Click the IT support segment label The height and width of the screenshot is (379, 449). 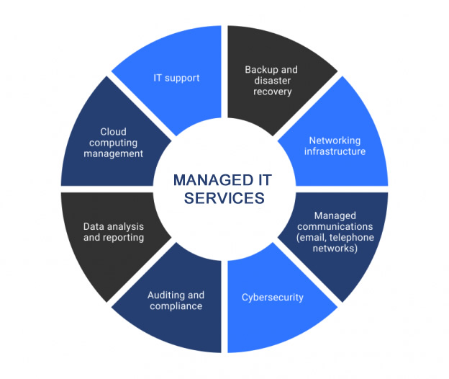coord(176,79)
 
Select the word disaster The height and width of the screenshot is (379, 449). coord(272,81)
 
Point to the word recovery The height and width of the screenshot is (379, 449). coord(272,92)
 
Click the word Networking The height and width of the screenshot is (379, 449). coord(335,141)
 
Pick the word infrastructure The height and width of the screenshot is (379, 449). coord(335,151)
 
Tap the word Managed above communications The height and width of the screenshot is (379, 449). coord(335,216)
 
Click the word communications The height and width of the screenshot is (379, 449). coord(335,226)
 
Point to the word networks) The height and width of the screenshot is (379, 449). coord(335,249)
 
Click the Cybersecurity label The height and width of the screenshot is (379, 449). coord(272,298)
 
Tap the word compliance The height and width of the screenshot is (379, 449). coord(176,306)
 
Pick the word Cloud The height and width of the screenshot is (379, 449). coord(113,132)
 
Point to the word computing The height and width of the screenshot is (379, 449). coord(113,143)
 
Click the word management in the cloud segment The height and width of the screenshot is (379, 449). coord(113,154)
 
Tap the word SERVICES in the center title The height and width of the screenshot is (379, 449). coord(224,198)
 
